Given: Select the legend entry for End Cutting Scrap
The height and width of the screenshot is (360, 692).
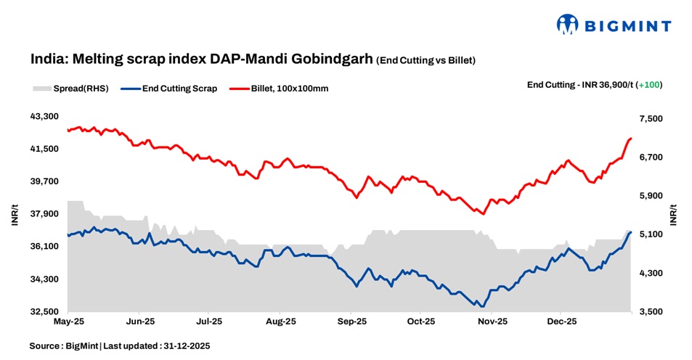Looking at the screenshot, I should click(179, 89).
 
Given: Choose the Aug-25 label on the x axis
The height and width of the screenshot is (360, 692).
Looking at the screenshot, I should click(280, 320).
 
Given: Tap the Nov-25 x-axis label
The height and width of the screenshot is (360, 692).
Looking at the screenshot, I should click(492, 320).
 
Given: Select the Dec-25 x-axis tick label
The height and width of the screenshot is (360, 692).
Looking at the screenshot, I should click(561, 320).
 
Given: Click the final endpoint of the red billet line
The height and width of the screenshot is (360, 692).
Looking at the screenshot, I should click(631, 138).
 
